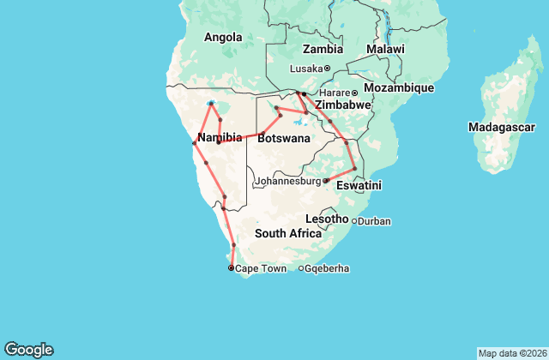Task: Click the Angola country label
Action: [222, 37]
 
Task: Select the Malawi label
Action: [385, 50]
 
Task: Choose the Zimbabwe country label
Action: [342, 105]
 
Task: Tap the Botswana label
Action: [279, 138]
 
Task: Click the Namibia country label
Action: [219, 138]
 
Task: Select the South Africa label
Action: [287, 234]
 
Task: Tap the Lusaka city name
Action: [305, 69]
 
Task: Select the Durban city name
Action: [374, 221]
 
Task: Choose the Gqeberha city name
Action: [327, 269]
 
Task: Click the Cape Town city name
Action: [261, 269]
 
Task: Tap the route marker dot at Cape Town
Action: [231, 268]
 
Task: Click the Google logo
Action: [28, 350]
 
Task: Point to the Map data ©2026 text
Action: [511, 353]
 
